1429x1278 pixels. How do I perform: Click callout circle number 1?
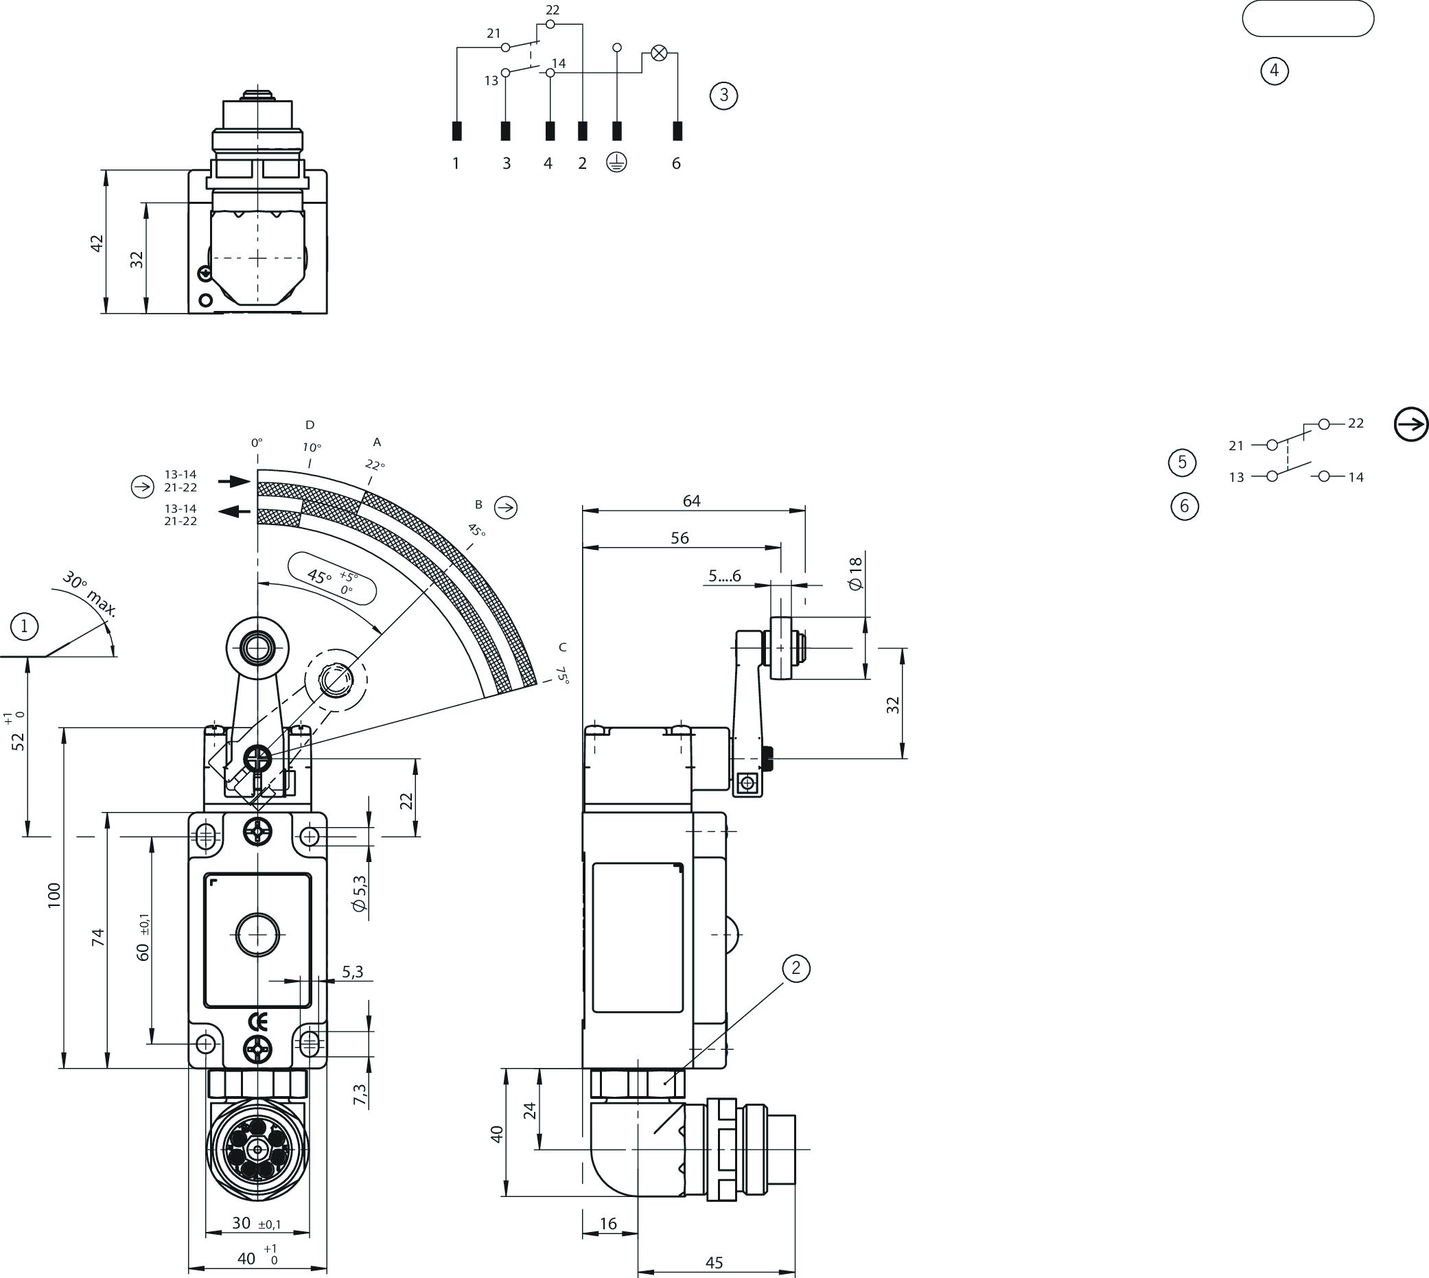pyautogui.click(x=25, y=626)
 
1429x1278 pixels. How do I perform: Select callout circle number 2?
pyautogui.click(x=795, y=968)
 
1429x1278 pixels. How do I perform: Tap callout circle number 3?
pyautogui.click(x=724, y=95)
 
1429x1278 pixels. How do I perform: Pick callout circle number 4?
pyautogui.click(x=1275, y=71)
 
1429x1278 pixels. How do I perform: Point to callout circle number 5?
pyautogui.click(x=1183, y=462)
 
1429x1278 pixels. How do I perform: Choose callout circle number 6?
pyautogui.click(x=1185, y=507)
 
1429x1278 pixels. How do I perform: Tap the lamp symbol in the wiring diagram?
pyautogui.click(x=659, y=53)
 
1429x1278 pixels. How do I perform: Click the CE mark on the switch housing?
pyautogui.click(x=257, y=1021)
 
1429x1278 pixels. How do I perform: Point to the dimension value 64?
pyautogui.click(x=692, y=500)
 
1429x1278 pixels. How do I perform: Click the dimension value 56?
pyautogui.click(x=679, y=538)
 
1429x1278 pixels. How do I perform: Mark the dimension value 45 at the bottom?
pyautogui.click(x=714, y=1262)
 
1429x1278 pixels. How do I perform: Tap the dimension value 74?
pyautogui.click(x=97, y=938)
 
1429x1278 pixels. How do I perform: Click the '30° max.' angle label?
pyautogui.click(x=90, y=595)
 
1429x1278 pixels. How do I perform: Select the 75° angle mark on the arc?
pyautogui.click(x=562, y=675)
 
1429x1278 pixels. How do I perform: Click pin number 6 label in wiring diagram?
pyautogui.click(x=676, y=163)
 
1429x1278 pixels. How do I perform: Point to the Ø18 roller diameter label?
pyautogui.click(x=855, y=573)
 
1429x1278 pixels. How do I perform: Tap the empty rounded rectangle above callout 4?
pyautogui.click(x=1308, y=19)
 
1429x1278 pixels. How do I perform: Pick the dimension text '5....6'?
pyautogui.click(x=725, y=577)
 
